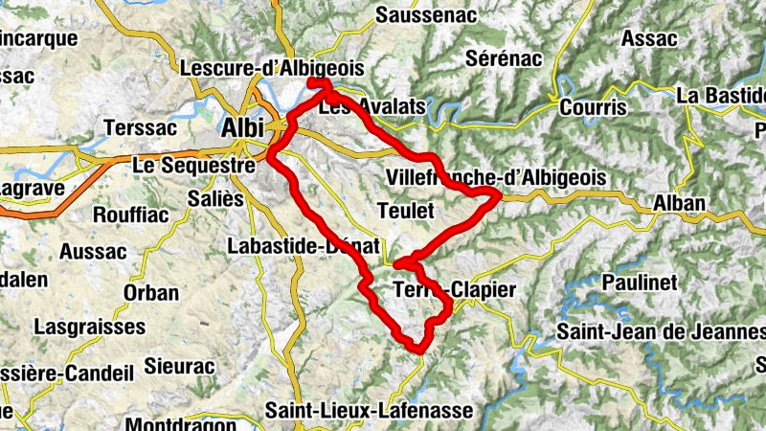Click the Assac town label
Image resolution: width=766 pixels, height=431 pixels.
[x=649, y=39]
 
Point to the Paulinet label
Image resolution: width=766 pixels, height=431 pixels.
[x=641, y=283]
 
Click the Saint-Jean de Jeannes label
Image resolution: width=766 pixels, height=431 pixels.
[x=661, y=332]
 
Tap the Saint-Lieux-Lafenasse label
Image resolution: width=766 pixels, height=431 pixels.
[x=370, y=410]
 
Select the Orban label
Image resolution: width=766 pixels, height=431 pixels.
[x=151, y=293]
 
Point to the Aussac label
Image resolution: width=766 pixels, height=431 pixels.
[x=93, y=252]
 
